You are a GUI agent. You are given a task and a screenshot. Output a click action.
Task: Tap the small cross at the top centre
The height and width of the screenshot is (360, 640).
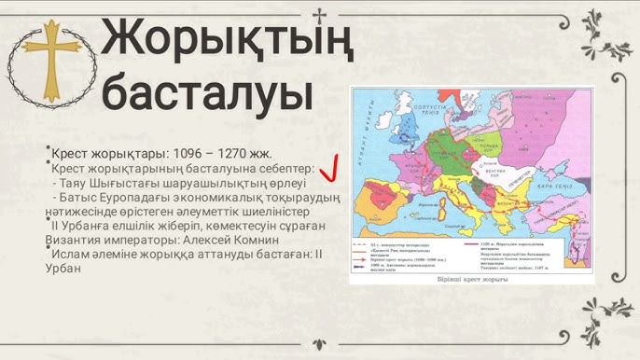tap(320, 14)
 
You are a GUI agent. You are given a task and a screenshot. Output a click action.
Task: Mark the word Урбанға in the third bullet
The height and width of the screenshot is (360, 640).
tap(90, 226)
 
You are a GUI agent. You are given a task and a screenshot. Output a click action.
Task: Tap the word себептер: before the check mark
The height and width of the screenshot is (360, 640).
tap(280, 169)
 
